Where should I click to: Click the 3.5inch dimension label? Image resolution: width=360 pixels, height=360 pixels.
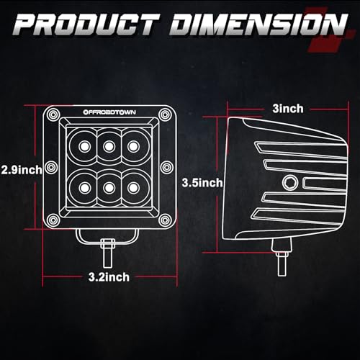tap(201, 183)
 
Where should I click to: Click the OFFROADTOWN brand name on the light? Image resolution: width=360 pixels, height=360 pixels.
tap(107, 112)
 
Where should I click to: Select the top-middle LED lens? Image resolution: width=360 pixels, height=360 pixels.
tap(109, 147)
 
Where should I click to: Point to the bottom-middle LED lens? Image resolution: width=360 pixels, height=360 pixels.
tap(109, 187)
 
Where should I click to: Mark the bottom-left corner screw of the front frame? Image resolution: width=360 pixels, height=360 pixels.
tap(53, 219)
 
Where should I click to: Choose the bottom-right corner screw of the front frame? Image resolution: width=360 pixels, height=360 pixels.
tap(165, 219)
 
